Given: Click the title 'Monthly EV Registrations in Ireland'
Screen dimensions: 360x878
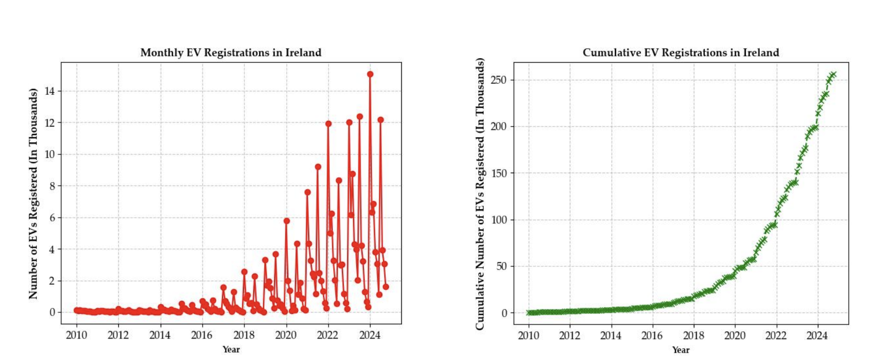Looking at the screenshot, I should (x=231, y=52).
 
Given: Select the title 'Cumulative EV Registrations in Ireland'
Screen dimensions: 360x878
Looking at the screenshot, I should (x=681, y=52).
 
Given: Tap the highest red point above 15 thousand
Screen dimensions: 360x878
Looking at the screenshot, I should (x=370, y=74).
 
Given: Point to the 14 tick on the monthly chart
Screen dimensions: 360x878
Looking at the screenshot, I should (x=50, y=91).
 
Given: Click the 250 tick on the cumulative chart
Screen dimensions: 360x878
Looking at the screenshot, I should (x=499, y=80).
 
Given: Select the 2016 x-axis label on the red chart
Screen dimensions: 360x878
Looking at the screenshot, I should (x=202, y=335).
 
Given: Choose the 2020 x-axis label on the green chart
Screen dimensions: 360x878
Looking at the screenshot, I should (x=735, y=335).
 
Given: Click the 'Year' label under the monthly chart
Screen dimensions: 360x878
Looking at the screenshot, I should (x=231, y=350).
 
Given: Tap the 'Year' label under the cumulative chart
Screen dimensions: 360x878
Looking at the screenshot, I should (x=681, y=350).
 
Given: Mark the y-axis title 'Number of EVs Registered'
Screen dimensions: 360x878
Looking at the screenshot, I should (x=33, y=194).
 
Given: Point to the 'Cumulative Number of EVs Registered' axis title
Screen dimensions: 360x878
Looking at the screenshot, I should (x=480, y=194).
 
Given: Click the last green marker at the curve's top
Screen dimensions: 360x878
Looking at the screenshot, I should (x=834, y=75).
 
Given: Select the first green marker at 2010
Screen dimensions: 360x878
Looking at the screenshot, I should (x=528, y=313).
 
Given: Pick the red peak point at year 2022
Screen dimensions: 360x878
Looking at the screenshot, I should (x=328, y=124).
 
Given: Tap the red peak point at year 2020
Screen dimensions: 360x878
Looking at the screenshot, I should (x=286, y=221).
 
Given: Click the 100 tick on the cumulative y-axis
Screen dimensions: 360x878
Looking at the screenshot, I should (x=499, y=220).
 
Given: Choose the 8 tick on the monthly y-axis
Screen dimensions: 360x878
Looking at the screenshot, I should (x=52, y=186).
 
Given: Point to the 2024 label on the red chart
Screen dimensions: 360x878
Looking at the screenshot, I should (x=370, y=335).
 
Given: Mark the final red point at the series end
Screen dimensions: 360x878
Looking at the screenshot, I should (x=386, y=287).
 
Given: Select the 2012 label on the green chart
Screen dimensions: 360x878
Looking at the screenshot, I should (x=570, y=335).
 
